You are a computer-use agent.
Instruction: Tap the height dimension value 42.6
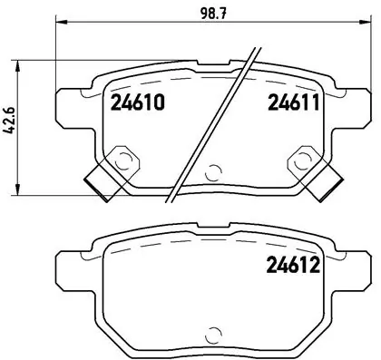click(11, 122)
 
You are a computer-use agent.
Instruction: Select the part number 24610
click(138, 102)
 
